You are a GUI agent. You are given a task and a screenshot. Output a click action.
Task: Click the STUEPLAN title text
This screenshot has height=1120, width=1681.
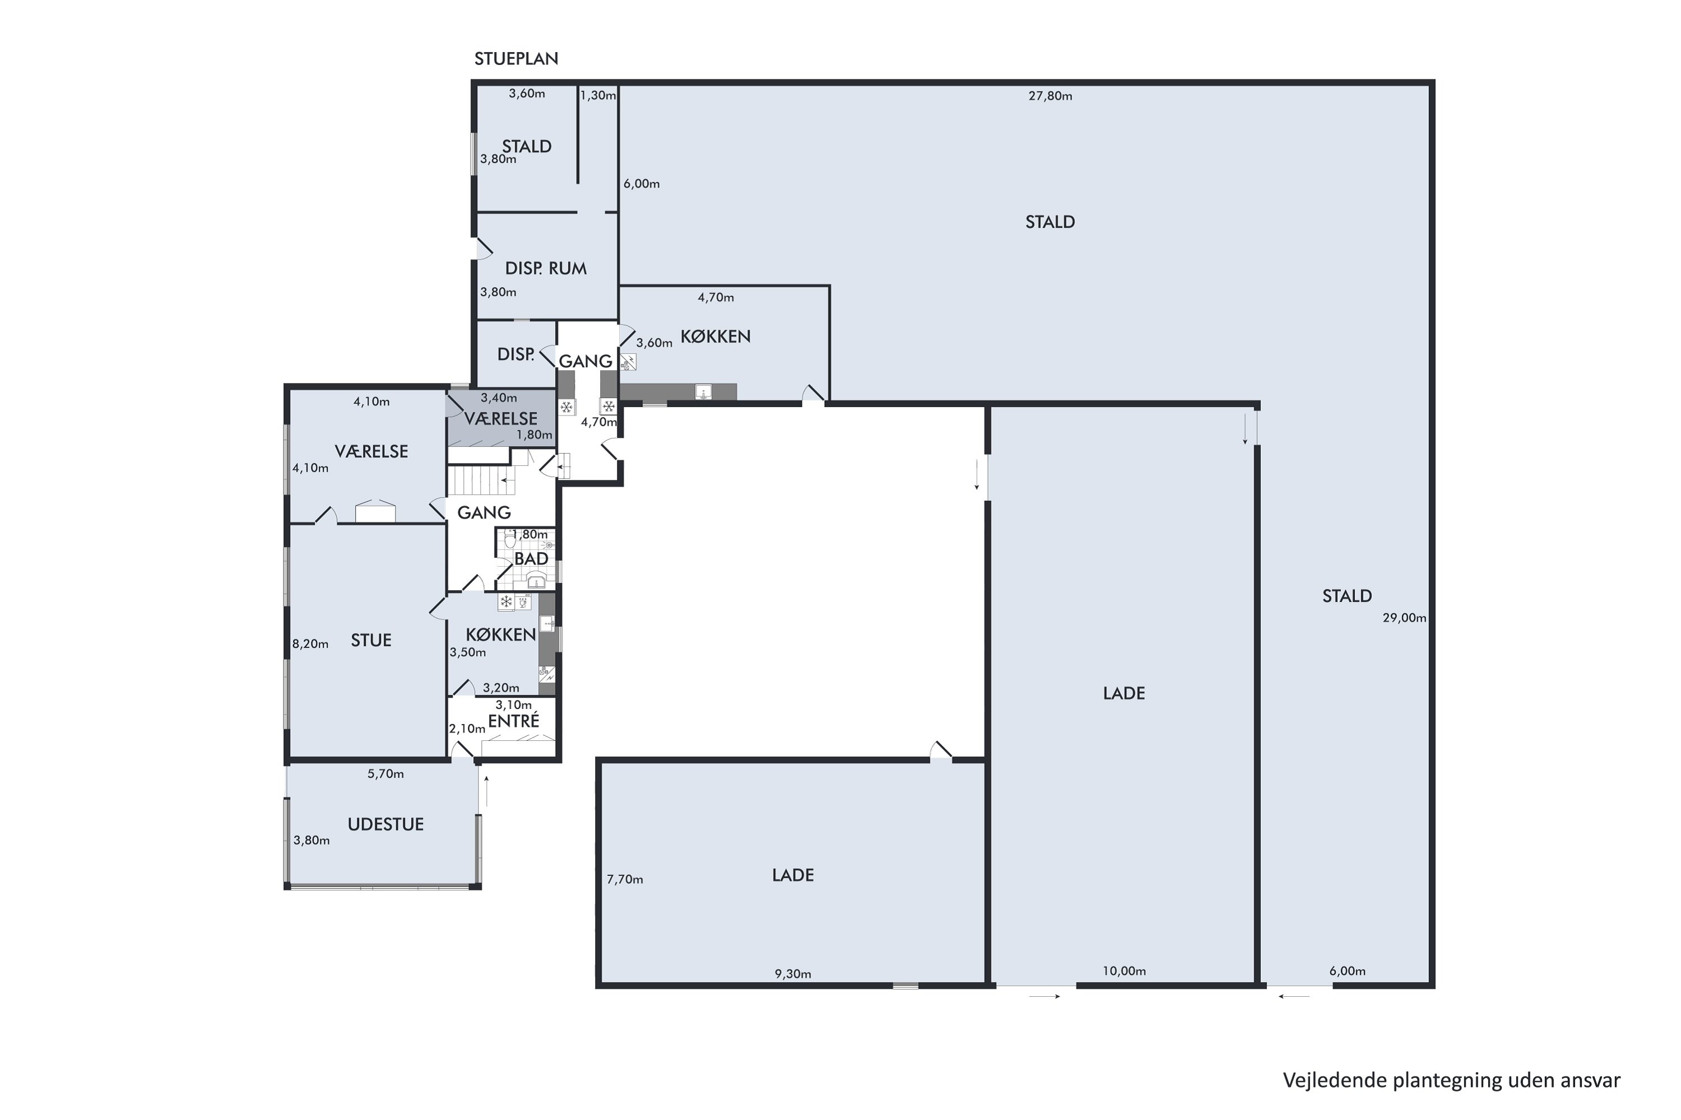click(516, 59)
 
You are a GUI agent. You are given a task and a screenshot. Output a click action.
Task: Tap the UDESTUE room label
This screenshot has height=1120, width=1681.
click(386, 824)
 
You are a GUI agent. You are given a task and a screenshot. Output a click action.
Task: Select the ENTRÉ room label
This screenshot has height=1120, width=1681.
click(513, 721)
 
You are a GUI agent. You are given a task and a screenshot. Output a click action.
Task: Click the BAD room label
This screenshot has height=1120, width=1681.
click(531, 558)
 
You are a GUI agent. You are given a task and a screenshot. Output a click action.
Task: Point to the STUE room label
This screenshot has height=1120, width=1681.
click(371, 640)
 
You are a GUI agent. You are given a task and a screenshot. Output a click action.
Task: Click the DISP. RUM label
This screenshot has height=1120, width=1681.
click(545, 269)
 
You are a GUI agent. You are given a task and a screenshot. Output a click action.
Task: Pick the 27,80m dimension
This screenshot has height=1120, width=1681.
click(1050, 96)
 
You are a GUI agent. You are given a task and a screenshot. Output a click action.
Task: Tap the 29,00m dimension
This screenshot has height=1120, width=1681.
click(1404, 618)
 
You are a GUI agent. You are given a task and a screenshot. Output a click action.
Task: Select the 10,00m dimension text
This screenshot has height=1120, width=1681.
click(1123, 970)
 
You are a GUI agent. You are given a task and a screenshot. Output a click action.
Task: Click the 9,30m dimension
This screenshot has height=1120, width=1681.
click(793, 974)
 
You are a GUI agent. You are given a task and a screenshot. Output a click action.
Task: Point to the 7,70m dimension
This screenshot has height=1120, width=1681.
click(625, 879)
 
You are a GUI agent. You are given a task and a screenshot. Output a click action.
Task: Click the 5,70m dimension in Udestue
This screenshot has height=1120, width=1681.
click(386, 773)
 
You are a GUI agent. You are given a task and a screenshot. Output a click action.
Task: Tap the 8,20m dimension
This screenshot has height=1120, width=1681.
click(310, 643)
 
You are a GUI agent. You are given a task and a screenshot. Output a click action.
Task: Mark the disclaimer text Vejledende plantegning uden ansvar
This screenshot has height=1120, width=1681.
click(1452, 1080)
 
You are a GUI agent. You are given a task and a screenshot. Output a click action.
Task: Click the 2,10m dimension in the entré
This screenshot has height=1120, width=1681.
click(467, 729)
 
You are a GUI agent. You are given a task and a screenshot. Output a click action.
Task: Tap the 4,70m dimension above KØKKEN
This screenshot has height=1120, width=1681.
click(716, 297)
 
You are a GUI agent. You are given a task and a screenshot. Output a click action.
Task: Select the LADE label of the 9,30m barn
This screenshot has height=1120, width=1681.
click(793, 875)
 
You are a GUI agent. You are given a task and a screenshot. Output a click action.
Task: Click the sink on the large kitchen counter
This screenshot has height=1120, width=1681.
click(703, 391)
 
